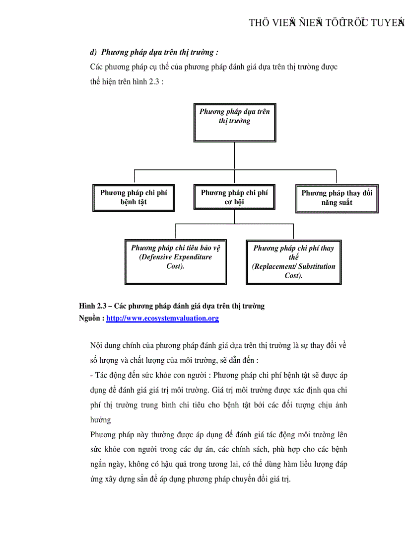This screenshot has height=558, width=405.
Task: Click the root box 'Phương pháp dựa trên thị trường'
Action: click(x=234, y=122)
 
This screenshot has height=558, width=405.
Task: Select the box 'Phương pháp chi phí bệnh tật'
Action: click(x=134, y=197)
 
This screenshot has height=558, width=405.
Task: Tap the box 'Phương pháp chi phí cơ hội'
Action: click(x=234, y=197)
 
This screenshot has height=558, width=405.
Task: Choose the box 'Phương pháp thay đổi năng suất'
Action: click(x=337, y=198)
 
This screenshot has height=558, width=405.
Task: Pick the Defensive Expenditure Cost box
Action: click(x=175, y=261)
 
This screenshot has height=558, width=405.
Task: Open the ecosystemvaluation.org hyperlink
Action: click(x=162, y=318)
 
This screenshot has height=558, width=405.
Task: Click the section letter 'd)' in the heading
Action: click(x=93, y=52)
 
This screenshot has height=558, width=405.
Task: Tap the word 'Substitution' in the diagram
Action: click(x=316, y=266)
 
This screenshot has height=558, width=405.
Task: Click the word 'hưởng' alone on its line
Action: click(x=101, y=420)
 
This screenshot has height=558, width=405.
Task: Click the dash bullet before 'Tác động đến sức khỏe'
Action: click(x=92, y=375)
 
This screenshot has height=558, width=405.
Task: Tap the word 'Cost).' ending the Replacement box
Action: click(x=294, y=275)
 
